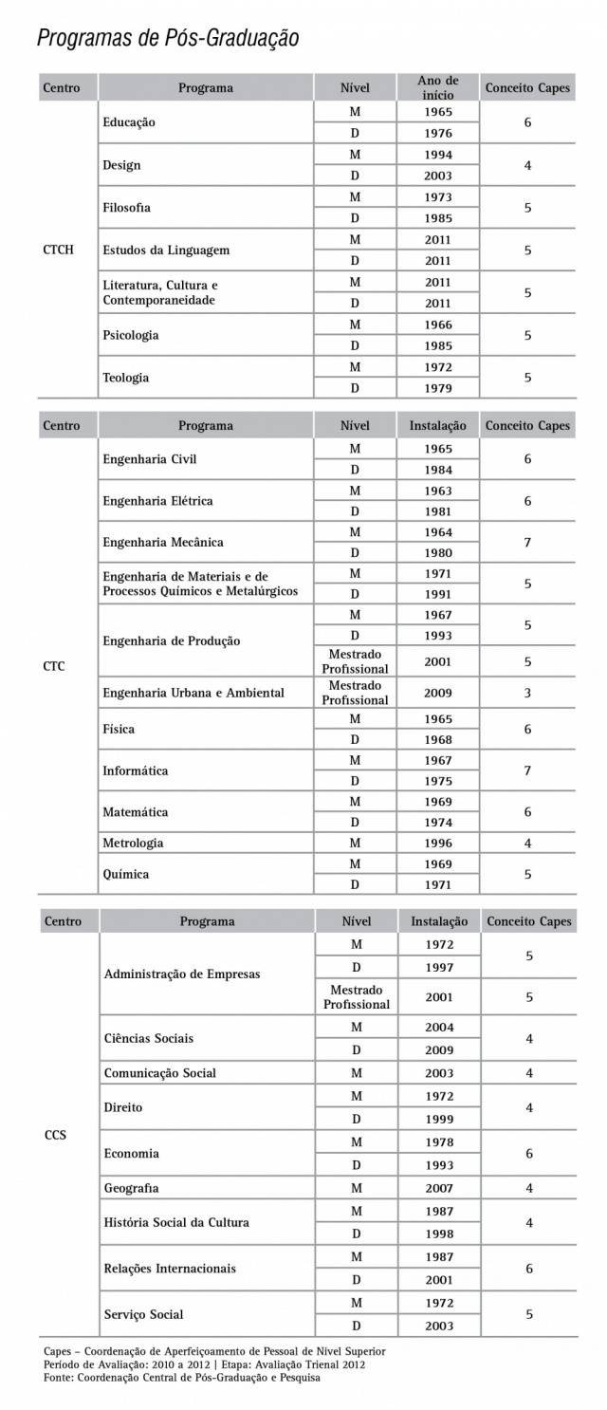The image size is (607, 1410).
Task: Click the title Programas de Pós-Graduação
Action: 168,38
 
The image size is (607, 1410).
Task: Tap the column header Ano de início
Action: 438,88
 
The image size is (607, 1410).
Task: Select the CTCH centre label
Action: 59,250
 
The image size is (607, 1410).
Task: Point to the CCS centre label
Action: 55,1134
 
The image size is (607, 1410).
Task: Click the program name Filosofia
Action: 126,207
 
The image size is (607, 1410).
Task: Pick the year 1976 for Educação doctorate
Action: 438,133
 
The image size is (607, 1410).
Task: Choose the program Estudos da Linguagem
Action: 166,250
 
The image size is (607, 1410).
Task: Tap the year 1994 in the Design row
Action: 438,155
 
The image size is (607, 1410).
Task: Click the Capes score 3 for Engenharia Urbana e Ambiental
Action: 527,693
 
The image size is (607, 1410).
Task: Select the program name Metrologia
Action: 133,843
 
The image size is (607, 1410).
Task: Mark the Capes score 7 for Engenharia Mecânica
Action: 527,543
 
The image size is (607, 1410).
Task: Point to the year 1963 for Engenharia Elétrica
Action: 438,491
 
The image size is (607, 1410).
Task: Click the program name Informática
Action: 136,770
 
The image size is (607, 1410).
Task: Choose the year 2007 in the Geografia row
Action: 439,1188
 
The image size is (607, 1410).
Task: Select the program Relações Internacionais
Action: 170,1269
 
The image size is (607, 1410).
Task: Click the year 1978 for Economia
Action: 439,1142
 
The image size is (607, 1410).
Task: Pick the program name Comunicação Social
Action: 160,1073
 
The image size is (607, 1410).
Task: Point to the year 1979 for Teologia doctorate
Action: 438,388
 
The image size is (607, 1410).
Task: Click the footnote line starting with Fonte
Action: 181,1378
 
